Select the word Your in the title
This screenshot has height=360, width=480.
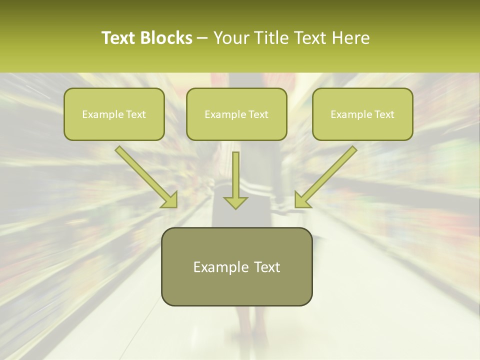click(x=230, y=38)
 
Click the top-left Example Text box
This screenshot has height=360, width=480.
click(x=114, y=114)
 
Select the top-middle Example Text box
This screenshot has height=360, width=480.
click(x=236, y=114)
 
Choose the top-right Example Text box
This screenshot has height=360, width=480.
click(x=362, y=114)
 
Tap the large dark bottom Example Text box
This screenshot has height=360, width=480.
click(x=236, y=266)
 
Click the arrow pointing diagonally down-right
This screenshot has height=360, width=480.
click(x=145, y=176)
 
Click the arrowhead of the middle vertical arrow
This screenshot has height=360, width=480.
click(x=235, y=201)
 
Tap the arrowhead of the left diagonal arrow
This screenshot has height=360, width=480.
click(x=169, y=199)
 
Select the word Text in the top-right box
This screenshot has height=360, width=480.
click(x=384, y=114)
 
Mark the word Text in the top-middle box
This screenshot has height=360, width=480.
click(x=258, y=114)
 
